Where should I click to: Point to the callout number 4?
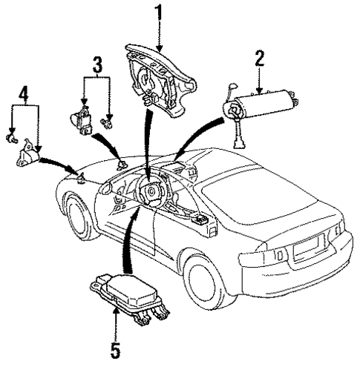point(24,95)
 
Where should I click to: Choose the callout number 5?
point(116,347)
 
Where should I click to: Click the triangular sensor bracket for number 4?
point(30,155)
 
